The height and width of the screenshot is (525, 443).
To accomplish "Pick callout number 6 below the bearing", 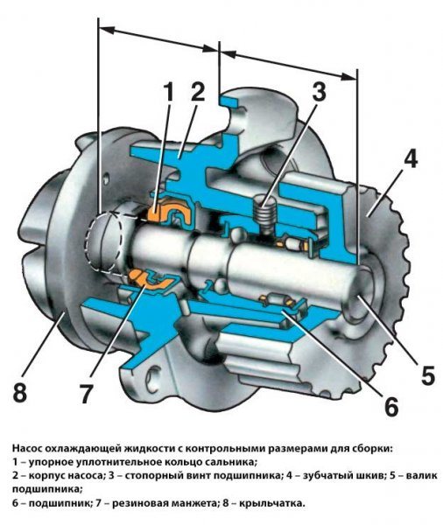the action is (x=390, y=406).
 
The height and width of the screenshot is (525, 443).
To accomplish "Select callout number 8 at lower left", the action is (x=20, y=393).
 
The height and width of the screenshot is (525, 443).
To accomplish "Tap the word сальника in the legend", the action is (x=233, y=462).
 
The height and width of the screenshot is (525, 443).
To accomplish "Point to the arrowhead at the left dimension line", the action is (x=107, y=29).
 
